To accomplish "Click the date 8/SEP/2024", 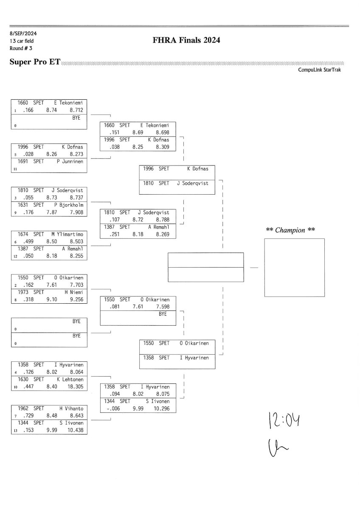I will point(22,33).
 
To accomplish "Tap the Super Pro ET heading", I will point(35,62).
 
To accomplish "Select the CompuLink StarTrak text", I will point(319,70).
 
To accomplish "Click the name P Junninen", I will point(70,162).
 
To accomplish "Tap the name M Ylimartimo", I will point(67,234).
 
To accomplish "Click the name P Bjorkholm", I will point(69,204).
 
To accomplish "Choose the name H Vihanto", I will point(71,408).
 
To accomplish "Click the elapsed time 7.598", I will point(163,307).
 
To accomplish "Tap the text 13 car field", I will point(22,41).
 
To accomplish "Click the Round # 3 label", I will point(21,48).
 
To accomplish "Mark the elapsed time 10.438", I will point(76,430).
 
